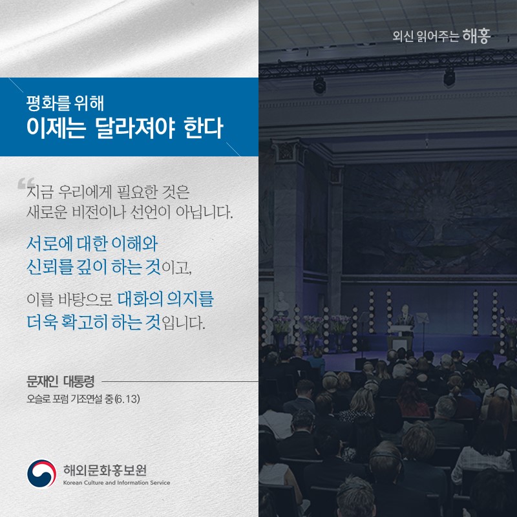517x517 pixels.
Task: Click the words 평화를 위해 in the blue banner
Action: (61, 102)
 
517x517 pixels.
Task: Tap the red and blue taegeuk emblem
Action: (41, 474)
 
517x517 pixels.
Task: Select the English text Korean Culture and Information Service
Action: (117, 483)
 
